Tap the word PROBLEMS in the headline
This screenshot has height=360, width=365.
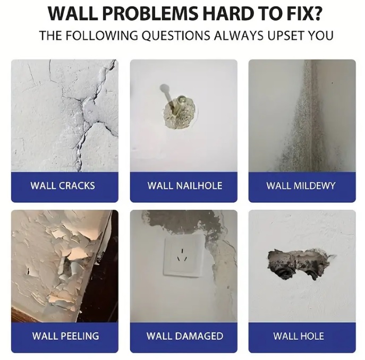tap(150, 14)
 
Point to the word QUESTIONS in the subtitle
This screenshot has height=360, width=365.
tap(176, 36)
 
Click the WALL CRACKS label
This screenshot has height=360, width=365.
tap(63, 186)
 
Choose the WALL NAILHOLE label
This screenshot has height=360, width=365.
tap(185, 186)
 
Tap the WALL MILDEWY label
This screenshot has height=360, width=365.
tap(301, 186)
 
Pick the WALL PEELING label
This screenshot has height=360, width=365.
tap(65, 336)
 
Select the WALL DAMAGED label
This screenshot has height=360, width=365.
tap(185, 336)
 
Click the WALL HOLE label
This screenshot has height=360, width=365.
tap(299, 336)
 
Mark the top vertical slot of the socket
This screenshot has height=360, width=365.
tap(183, 251)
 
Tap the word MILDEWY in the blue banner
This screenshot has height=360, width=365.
tap(314, 186)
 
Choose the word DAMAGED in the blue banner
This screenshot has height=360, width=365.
tap(199, 336)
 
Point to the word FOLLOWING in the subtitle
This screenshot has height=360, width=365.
tap(101, 36)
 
